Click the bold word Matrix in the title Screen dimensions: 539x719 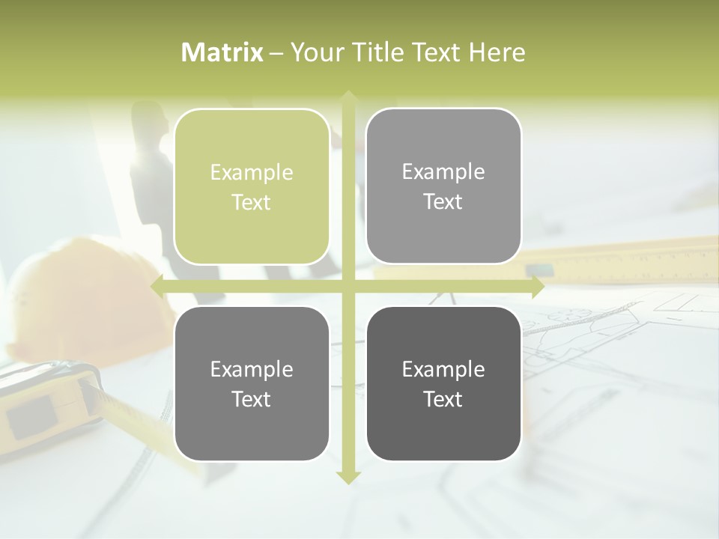coord(222,52)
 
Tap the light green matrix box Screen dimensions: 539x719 coord(252,187)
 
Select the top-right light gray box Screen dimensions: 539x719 coord(443,186)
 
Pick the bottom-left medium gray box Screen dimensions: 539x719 coord(252,383)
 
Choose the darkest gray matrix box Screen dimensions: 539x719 coord(443,383)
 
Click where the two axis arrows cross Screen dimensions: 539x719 coord(348,287)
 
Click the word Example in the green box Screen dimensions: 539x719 coord(252,173)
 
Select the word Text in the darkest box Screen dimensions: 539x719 coord(443,399)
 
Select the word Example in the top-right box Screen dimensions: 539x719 coord(443,172)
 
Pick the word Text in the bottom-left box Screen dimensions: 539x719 coord(252,399)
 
